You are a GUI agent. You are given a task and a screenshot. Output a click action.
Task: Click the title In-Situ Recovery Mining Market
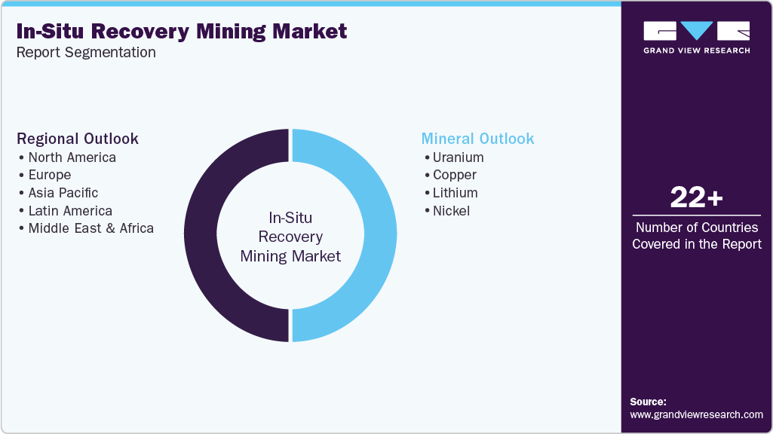181,31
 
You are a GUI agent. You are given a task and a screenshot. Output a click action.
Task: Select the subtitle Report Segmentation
86,53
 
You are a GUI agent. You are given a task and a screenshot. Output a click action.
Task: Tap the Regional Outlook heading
78,139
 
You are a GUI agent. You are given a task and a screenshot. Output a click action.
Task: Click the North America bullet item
72,157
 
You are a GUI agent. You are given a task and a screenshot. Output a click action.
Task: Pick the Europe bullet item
49,175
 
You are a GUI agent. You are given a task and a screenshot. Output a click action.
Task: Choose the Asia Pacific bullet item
63,193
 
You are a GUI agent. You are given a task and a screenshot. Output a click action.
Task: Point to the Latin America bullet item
70,211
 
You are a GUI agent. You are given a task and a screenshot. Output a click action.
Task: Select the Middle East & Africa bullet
90,228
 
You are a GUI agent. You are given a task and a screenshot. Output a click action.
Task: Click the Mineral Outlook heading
477,139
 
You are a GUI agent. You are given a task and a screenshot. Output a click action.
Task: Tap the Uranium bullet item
458,157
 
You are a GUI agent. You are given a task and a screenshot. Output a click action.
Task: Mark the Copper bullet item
454,175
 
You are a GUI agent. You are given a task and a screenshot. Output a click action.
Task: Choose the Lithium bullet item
455,193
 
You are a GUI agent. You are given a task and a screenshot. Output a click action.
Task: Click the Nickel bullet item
451,211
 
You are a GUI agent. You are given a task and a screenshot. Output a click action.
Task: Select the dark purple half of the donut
201,235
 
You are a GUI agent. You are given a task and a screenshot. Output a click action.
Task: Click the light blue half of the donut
380,235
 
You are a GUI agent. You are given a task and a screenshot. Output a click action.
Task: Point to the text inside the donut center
290,237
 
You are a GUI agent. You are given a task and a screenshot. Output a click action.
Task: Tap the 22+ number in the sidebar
696,198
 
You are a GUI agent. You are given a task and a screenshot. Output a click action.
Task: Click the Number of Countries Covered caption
696,235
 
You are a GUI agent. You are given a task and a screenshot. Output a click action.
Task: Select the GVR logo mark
696,31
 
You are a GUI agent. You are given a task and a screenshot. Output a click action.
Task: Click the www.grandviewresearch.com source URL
696,414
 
